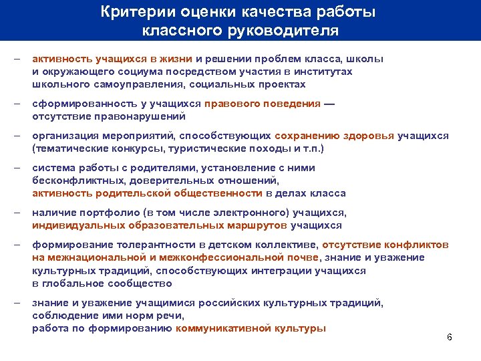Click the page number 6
click(x=449, y=336)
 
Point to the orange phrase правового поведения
click(x=263, y=104)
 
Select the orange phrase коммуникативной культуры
click(x=251, y=328)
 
